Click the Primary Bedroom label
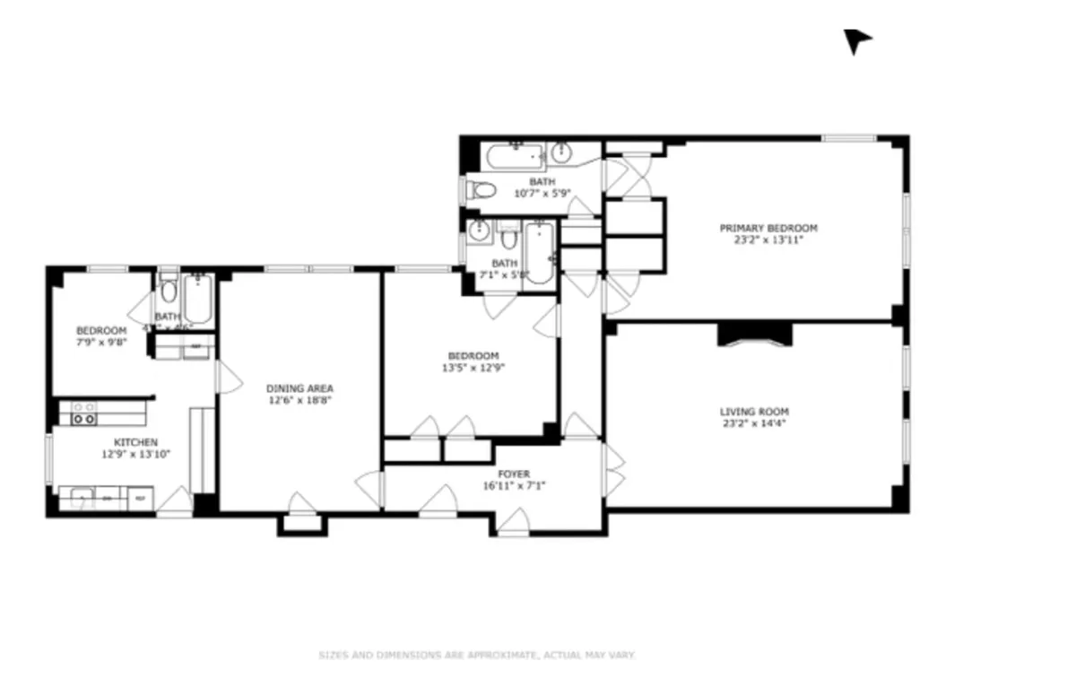coord(768,229)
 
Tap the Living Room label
coord(754,413)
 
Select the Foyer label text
coord(514,474)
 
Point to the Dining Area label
coord(299,388)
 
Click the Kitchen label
coord(135,442)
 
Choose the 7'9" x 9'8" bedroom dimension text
coord(100,342)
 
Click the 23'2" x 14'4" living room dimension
coord(754,424)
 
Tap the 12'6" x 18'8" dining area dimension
coord(299,400)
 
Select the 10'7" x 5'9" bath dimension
coord(542,193)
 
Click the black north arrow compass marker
coord(855,39)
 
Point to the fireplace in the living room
coord(755,334)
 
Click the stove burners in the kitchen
coord(83,413)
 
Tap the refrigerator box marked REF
coord(140,498)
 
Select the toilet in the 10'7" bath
coord(483,190)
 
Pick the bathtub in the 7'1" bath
coord(538,253)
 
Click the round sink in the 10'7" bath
coord(563,152)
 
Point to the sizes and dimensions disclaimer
coord(477,656)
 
